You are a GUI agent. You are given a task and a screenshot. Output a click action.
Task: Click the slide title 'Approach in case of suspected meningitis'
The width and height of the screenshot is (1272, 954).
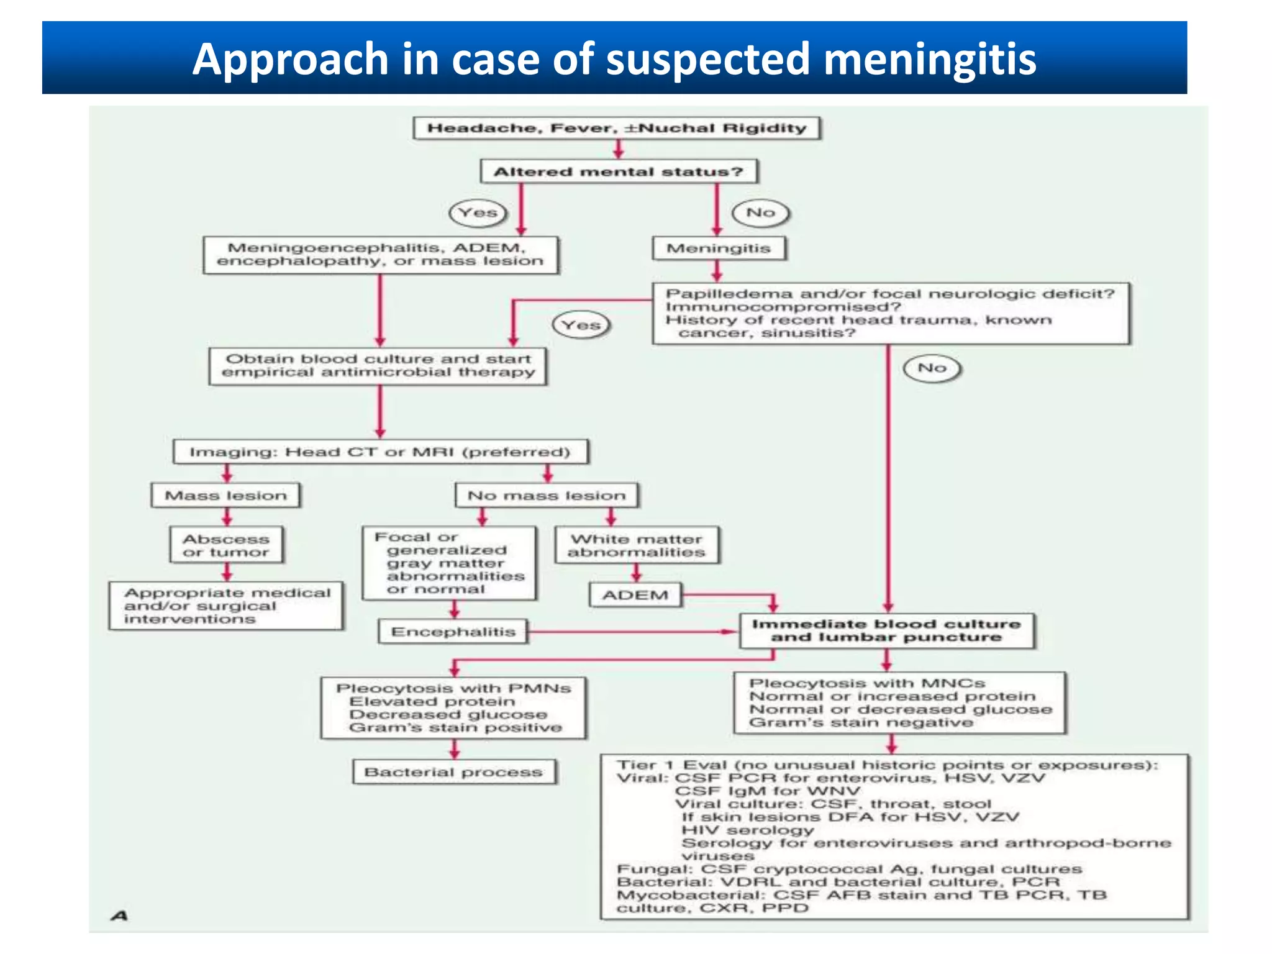pos(614,59)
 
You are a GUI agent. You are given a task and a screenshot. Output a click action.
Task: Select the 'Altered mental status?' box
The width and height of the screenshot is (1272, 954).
pos(619,171)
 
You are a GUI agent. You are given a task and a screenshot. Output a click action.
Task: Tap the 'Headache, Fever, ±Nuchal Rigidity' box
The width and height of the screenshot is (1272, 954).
pos(617,129)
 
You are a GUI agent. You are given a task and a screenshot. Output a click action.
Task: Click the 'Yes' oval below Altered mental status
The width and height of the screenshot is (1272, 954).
pos(478,213)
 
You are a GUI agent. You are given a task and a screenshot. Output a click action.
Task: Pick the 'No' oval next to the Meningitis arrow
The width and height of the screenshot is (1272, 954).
pos(761,213)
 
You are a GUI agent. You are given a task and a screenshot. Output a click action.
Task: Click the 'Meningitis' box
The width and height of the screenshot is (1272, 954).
pos(719,248)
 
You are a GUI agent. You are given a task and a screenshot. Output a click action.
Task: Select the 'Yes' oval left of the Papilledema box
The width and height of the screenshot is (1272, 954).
pos(581,325)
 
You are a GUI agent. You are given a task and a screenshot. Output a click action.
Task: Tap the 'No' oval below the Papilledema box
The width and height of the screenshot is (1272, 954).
pos(932,368)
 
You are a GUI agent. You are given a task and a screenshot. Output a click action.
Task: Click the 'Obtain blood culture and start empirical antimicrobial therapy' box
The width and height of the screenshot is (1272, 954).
pos(378,366)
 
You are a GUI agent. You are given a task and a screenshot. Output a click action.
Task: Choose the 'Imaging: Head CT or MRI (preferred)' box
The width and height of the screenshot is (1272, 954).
pos(380,452)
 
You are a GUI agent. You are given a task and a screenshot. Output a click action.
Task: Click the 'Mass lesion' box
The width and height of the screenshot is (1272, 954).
pos(226,496)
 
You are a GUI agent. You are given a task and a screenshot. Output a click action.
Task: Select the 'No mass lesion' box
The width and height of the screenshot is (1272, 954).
pos(547,496)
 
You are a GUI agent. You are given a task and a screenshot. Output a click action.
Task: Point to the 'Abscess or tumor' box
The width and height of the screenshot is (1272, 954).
pos(226,545)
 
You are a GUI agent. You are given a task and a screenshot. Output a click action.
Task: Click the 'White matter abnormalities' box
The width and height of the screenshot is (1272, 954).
pos(637,545)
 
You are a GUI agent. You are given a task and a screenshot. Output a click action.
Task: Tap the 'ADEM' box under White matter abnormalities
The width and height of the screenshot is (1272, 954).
pos(635,595)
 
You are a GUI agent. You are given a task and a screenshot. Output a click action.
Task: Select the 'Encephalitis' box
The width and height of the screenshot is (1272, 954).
pos(453,632)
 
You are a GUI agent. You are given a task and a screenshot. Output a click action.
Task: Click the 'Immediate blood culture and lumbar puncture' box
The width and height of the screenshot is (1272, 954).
pos(886,631)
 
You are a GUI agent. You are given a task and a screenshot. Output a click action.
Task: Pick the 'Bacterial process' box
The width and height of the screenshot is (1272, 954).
pos(453,772)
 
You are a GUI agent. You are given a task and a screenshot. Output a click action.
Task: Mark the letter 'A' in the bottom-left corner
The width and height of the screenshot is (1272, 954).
pos(119,915)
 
